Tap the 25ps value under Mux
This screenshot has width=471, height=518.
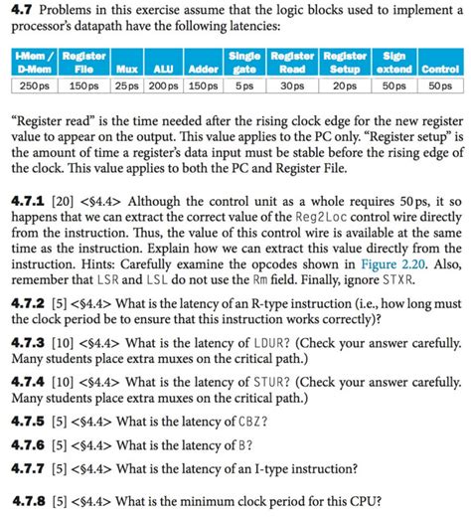coord(125,87)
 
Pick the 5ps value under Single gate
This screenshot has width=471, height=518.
coord(244,87)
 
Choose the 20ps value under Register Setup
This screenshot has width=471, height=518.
coord(345,87)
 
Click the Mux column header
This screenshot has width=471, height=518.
coord(125,70)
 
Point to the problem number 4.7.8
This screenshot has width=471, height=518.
coord(29,501)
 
